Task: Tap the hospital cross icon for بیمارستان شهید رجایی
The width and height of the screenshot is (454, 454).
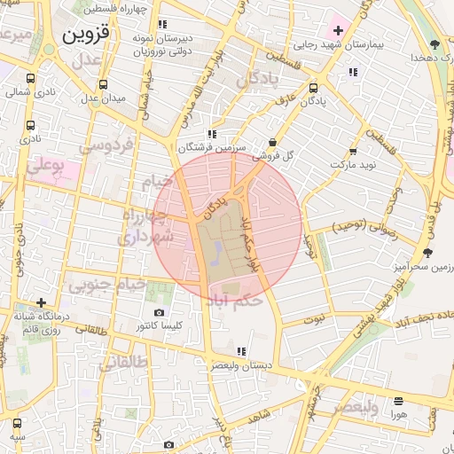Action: (x=338, y=31)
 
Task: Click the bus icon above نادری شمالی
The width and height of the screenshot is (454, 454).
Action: (x=31, y=78)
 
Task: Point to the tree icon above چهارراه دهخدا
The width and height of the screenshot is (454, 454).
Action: (x=434, y=44)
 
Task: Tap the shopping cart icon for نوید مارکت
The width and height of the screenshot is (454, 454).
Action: (x=353, y=151)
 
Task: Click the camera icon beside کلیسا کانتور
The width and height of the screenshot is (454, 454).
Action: (x=159, y=313)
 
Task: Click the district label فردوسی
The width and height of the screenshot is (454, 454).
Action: (x=106, y=144)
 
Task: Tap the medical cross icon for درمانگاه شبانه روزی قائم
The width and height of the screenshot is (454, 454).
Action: (x=41, y=302)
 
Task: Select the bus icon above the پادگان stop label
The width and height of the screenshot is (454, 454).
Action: (x=314, y=89)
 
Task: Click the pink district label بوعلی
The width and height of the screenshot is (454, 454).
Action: (x=46, y=165)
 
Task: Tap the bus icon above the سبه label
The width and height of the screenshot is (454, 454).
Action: (x=17, y=422)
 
